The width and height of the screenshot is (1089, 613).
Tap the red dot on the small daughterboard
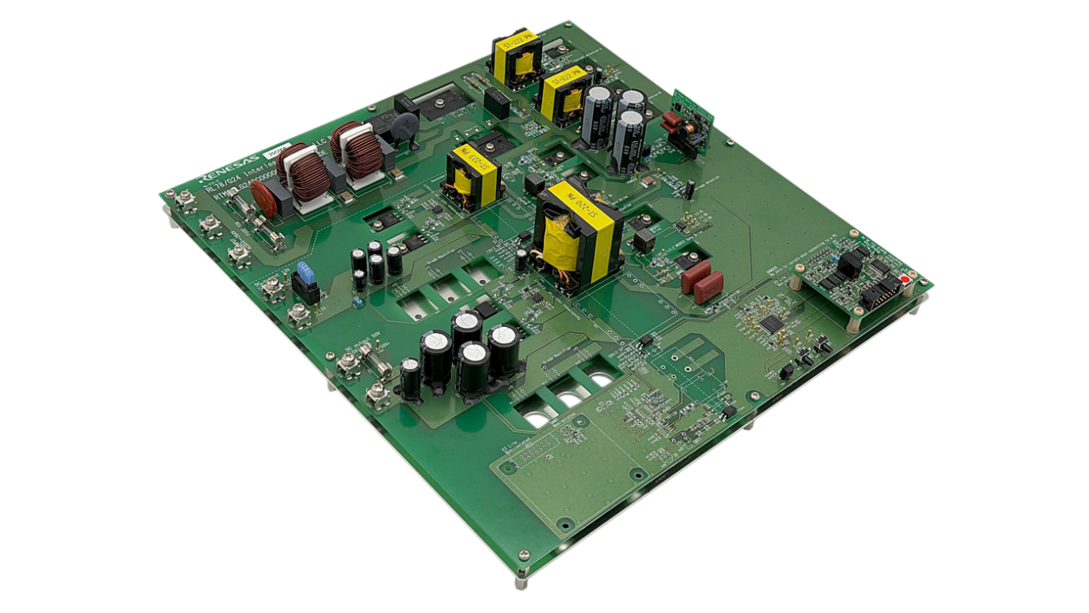906,279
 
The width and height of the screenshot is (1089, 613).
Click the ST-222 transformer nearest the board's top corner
517,55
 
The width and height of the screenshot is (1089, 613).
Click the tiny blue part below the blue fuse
356,303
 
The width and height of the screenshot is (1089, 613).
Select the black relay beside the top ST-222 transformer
497,103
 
